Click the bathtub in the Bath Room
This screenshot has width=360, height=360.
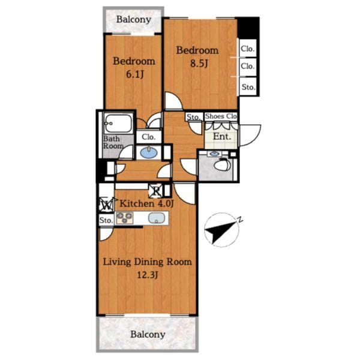point(118,124)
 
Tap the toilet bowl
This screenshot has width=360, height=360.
point(222,164)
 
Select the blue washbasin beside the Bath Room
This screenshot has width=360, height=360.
point(149,152)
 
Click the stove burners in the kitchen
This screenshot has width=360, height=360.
point(125,218)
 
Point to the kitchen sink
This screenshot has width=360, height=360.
point(157,218)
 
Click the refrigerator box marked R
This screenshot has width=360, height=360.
point(156,191)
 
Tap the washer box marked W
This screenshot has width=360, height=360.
point(106,205)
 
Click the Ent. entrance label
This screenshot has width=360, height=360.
point(222,137)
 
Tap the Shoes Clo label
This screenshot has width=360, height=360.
point(221,116)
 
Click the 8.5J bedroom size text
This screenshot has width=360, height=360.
point(199,64)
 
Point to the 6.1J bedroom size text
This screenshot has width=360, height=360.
point(135,74)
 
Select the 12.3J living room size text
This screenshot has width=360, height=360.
point(148,275)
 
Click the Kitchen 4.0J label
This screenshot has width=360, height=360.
point(146,203)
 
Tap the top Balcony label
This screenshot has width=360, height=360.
point(134,20)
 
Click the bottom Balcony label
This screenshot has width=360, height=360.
point(148,335)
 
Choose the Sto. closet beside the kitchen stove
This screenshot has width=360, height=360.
point(106,220)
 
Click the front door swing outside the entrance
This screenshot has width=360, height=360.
point(250,136)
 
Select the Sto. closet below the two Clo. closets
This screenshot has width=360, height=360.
point(248,87)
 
